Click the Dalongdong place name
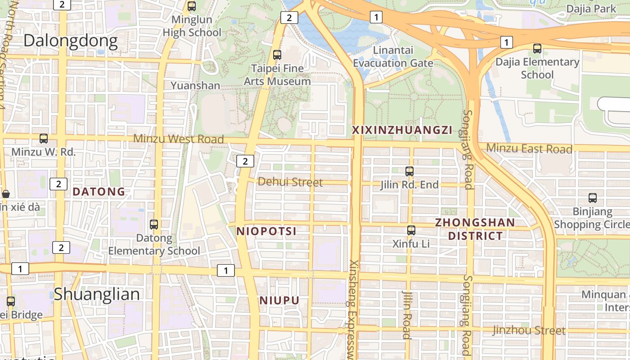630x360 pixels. (71, 41)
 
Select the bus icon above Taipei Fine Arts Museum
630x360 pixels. (277, 55)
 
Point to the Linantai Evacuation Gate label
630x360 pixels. (393, 56)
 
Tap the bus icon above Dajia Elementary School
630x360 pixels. (537, 49)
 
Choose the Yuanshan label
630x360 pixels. (195, 85)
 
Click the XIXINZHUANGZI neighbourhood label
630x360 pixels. (402, 130)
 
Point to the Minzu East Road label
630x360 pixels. (529, 148)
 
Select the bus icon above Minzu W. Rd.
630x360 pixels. (44, 139)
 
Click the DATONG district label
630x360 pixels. (99, 192)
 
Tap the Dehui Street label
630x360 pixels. (290, 182)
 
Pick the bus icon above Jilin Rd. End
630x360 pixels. (409, 171)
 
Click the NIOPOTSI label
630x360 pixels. (266, 231)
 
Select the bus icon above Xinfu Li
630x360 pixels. (411, 230)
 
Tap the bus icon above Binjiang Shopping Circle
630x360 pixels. (593, 198)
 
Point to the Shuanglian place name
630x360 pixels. (97, 294)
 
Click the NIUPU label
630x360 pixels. (279, 300)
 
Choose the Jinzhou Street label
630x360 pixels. (529, 330)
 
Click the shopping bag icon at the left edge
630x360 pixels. (6, 194)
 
